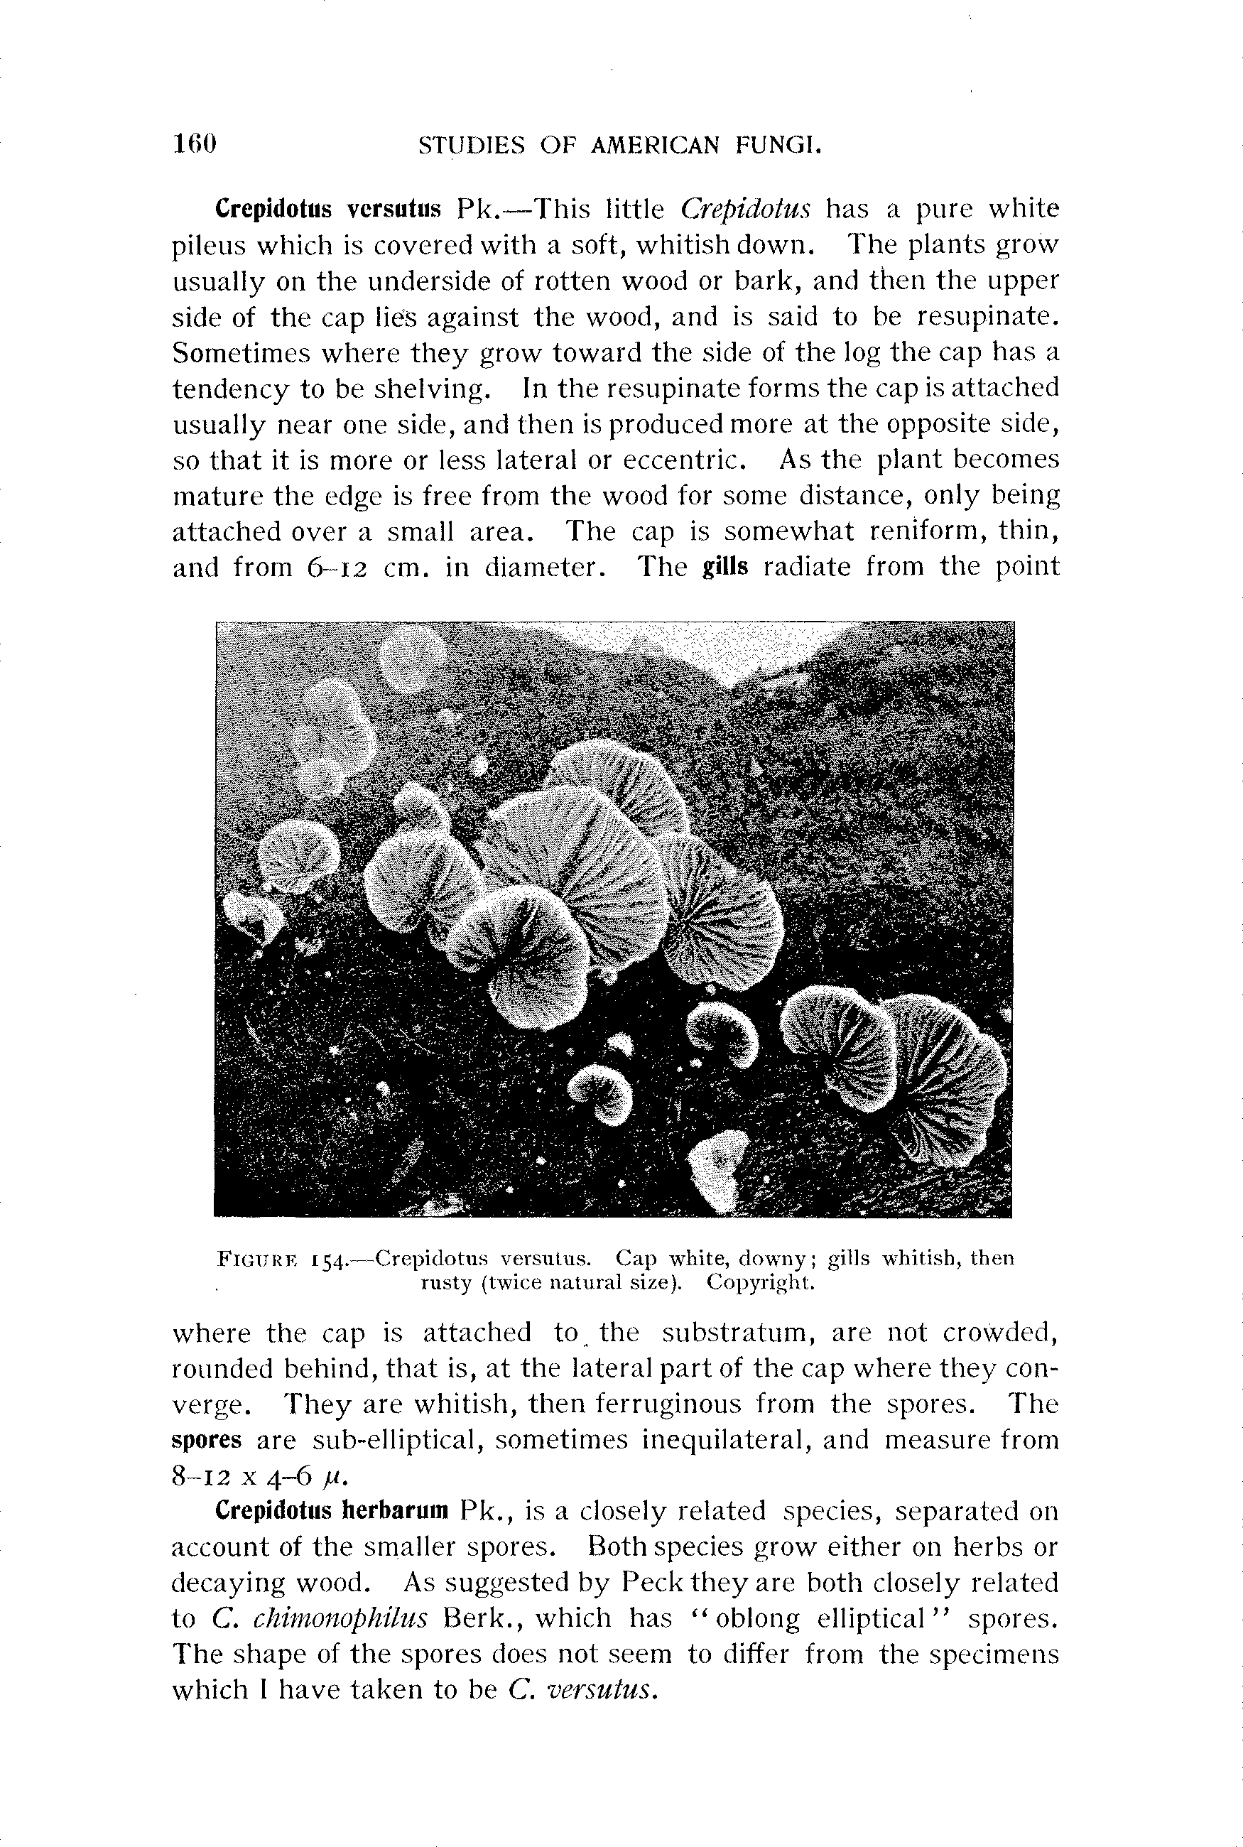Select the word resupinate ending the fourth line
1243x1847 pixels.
pos(988,317)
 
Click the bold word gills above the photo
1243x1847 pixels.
pos(725,567)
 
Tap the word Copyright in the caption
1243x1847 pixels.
pos(760,1282)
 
